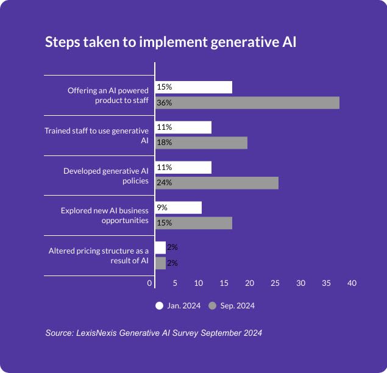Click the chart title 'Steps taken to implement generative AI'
[x=171, y=43]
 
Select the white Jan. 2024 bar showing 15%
[x=194, y=87]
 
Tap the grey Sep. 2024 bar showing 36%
[x=247, y=102]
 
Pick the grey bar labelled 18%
[x=201, y=143]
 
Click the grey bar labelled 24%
[x=217, y=183]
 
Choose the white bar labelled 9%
[x=179, y=208]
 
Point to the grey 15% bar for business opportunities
[x=194, y=223]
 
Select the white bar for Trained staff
[x=183, y=127]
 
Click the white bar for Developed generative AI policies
[x=183, y=168]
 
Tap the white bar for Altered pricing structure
[x=160, y=247]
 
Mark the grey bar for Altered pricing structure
[x=160, y=263]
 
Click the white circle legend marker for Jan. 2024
[x=160, y=306]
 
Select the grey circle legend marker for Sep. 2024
[x=213, y=306]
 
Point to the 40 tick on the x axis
[x=352, y=283]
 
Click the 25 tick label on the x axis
[x=275, y=283]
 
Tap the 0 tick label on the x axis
[x=150, y=283]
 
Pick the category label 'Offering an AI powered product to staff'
[x=108, y=95]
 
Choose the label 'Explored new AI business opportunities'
[x=104, y=215]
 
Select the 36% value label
[x=164, y=103]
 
